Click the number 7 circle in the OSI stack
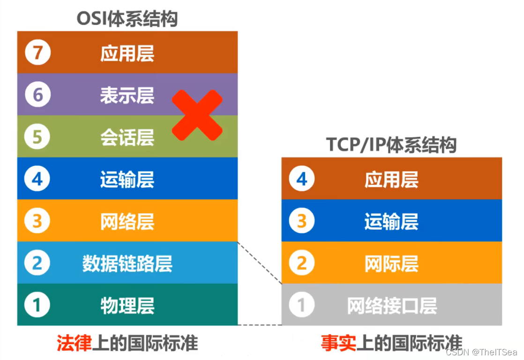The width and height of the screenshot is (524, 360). coord(37,53)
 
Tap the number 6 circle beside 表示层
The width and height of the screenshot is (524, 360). coord(37,95)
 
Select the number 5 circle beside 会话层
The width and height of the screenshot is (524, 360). coord(37,137)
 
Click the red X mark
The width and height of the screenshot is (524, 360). coord(197,115)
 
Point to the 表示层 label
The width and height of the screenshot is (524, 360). coord(127,95)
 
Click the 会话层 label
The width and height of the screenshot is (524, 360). coord(127,137)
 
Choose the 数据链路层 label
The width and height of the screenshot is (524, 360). coord(127,263)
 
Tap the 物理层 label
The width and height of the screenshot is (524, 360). coord(127,306)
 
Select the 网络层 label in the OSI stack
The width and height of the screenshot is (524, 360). coord(127,222)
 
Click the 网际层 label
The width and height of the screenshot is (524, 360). coord(391,263)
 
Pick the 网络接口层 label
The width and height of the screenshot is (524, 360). coord(391,306)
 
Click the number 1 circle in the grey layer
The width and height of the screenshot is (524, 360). coord(301,306)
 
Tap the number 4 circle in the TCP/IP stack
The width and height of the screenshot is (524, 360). coord(301,180)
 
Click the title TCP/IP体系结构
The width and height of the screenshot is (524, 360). coord(391,145)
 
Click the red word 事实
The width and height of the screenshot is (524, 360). coord(338,343)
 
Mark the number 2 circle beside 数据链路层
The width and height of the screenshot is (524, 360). coord(37,263)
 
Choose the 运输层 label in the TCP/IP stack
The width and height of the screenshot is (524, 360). coord(391,222)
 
